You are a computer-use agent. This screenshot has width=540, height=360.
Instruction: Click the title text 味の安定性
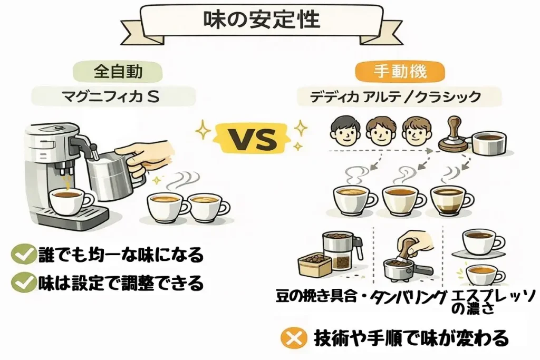[262, 20]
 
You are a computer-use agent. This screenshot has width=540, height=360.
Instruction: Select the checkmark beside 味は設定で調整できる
[23, 284]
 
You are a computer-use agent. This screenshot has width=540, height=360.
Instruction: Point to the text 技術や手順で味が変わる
[411, 337]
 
